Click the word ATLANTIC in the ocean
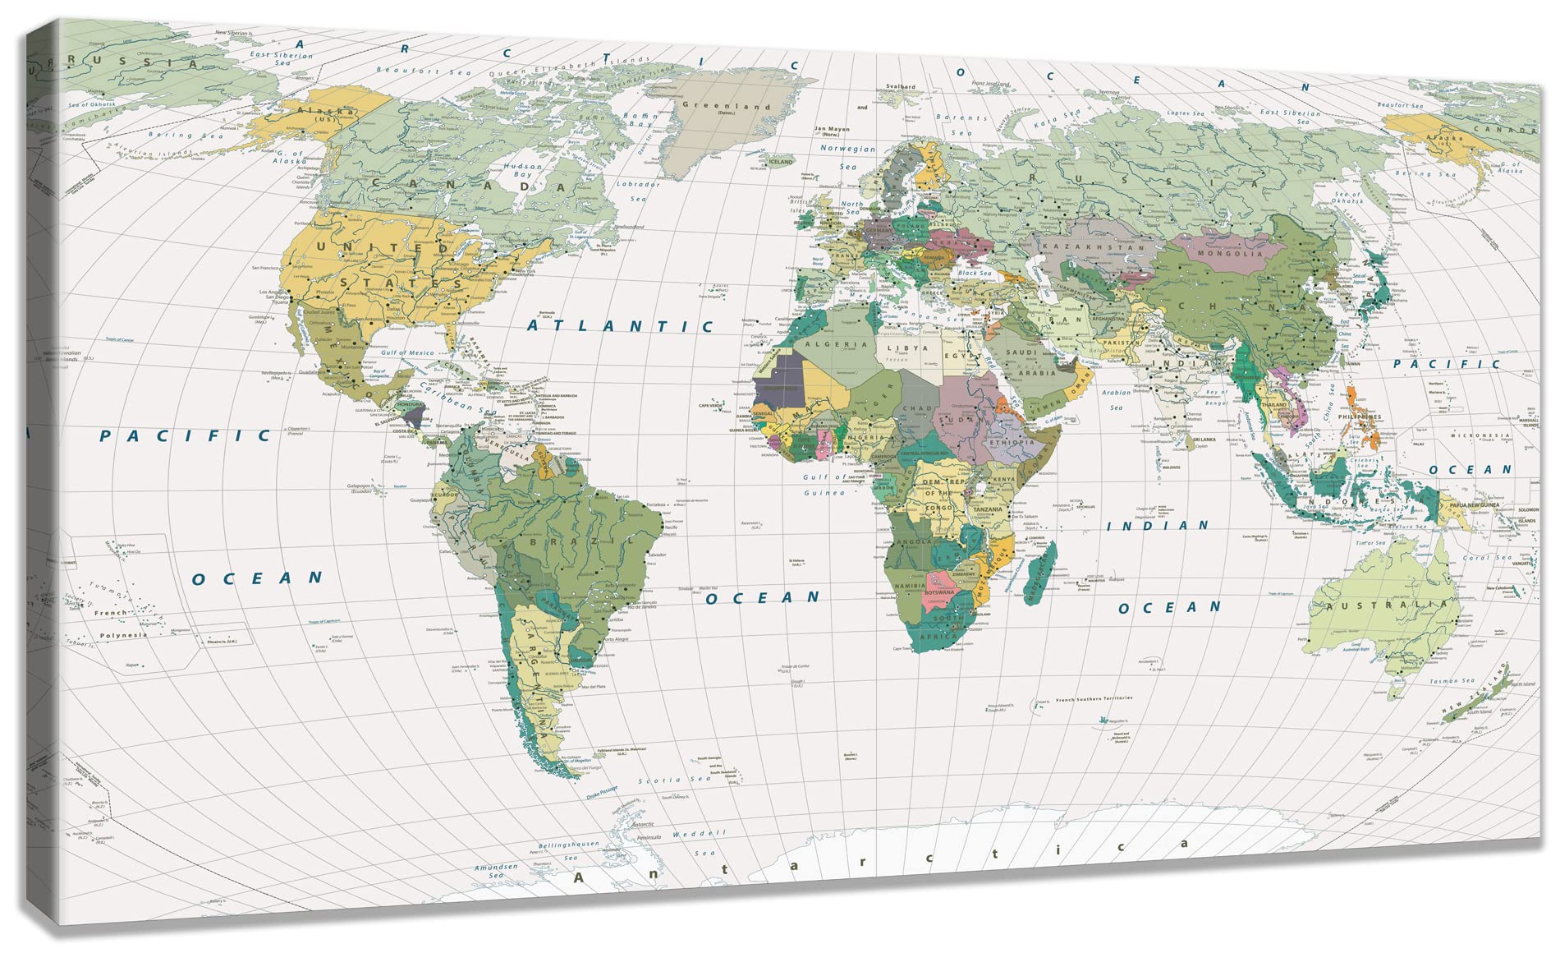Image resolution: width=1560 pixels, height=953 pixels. tap(620, 326)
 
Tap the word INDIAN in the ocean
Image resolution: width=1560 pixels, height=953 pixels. tap(1157, 526)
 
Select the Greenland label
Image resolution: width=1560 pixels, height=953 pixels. tap(726, 106)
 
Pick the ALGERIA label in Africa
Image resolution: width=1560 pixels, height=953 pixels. tap(835, 345)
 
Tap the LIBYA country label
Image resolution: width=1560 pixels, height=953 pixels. tap(908, 348)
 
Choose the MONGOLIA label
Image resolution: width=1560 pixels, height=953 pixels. tap(1230, 254)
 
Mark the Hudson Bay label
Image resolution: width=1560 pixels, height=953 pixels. tap(522, 170)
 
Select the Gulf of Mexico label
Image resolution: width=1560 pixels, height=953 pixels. tap(407, 352)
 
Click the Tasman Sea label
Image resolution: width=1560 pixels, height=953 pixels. tap(1452, 681)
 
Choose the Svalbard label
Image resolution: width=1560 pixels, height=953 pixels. tap(901, 86)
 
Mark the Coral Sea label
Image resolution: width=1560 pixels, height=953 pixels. tap(1486, 558)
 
